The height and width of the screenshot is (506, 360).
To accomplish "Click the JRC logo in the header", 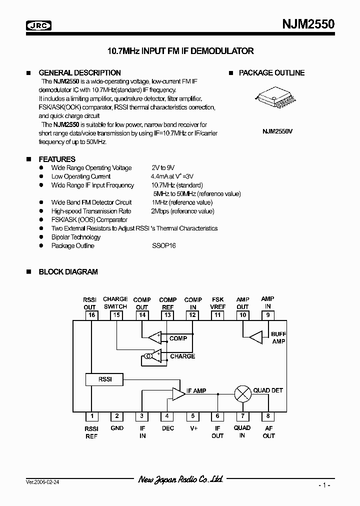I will click(x=39, y=25).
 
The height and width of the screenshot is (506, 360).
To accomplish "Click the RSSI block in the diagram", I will click(x=104, y=379).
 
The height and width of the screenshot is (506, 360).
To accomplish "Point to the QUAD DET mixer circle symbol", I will click(x=242, y=393).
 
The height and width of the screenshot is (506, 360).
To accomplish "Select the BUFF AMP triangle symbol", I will click(x=255, y=337).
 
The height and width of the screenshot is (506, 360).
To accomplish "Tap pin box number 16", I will click(x=91, y=315).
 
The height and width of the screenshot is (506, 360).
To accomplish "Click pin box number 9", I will click(x=268, y=315).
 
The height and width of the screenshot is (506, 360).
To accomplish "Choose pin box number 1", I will click(x=91, y=416).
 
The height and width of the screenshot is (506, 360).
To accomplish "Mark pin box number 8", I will click(x=268, y=416).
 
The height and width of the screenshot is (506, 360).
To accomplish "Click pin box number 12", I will click(x=192, y=315).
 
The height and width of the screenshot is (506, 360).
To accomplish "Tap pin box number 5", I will click(x=192, y=416).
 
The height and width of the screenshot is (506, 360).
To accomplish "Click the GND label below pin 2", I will click(x=116, y=428).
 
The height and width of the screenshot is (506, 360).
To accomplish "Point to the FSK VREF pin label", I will click(x=217, y=303).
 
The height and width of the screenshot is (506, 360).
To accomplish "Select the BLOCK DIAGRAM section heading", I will click(x=68, y=272).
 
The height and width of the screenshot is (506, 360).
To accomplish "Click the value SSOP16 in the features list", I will click(x=164, y=245).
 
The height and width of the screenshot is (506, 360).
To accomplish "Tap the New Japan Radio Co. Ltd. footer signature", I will click(x=180, y=479).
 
